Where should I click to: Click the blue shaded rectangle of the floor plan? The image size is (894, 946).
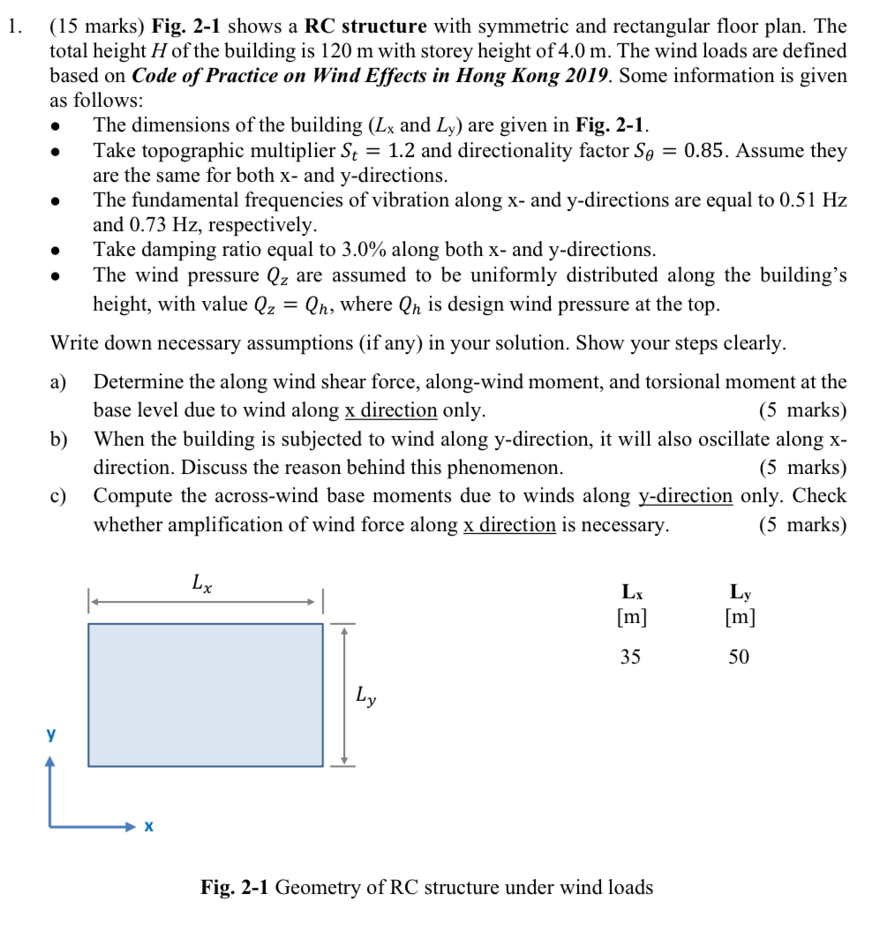205,694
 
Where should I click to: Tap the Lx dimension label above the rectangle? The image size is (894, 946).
201,583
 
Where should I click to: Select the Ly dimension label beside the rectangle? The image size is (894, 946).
366,696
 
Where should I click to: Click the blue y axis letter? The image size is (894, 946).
51,733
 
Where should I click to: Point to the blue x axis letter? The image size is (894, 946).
148,827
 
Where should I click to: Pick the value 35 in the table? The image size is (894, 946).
630,657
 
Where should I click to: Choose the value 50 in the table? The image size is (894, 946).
739,657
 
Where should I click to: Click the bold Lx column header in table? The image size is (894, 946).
632,591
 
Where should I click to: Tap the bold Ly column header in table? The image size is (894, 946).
740,591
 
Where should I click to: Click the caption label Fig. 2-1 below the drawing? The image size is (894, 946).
235,887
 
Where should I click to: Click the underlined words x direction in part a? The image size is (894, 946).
390,410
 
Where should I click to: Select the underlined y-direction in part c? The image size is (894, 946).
686,496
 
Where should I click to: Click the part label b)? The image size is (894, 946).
59,439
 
